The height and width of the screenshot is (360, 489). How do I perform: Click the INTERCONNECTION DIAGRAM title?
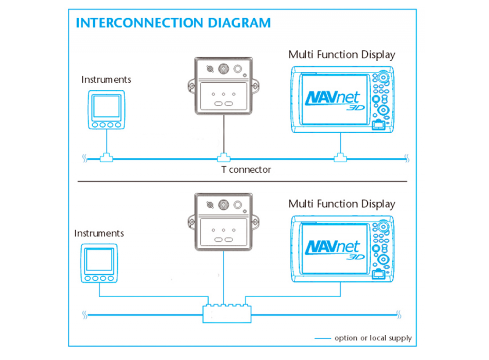click(x=173, y=23)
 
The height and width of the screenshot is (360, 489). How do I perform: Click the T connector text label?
click(x=242, y=169)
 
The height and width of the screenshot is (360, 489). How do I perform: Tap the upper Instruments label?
click(x=106, y=80)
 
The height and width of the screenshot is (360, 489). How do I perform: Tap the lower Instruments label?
click(x=99, y=233)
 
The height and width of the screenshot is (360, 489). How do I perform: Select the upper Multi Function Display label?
click(x=342, y=55)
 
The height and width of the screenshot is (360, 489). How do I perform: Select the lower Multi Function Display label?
click(x=342, y=204)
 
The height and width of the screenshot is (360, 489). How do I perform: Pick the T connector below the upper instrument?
click(x=107, y=157)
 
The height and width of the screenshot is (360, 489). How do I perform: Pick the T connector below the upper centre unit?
click(x=224, y=157)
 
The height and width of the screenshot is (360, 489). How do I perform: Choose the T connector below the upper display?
click(x=339, y=157)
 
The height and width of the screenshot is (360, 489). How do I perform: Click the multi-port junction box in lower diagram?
click(x=226, y=312)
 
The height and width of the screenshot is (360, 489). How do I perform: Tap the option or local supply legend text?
click(x=373, y=338)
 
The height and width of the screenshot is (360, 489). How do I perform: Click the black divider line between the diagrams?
click(x=242, y=181)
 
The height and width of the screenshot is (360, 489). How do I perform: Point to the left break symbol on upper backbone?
click(x=84, y=159)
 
